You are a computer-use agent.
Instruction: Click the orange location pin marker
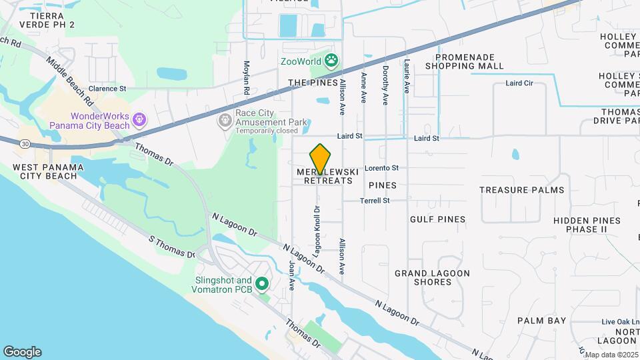click(320, 159)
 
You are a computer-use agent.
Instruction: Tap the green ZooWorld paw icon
click(331, 62)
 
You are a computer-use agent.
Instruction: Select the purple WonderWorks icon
click(139, 120)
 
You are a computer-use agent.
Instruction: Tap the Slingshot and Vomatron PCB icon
click(262, 285)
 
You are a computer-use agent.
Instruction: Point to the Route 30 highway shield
click(25, 144)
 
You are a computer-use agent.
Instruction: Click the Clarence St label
click(107, 88)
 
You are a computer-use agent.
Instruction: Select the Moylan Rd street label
click(246, 77)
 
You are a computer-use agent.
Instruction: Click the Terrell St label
click(374, 201)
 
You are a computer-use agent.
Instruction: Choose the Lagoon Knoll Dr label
click(317, 231)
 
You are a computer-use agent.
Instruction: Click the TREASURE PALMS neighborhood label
click(521, 190)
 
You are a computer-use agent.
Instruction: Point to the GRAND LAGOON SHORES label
click(432, 277)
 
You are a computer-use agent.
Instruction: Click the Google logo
click(22, 352)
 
